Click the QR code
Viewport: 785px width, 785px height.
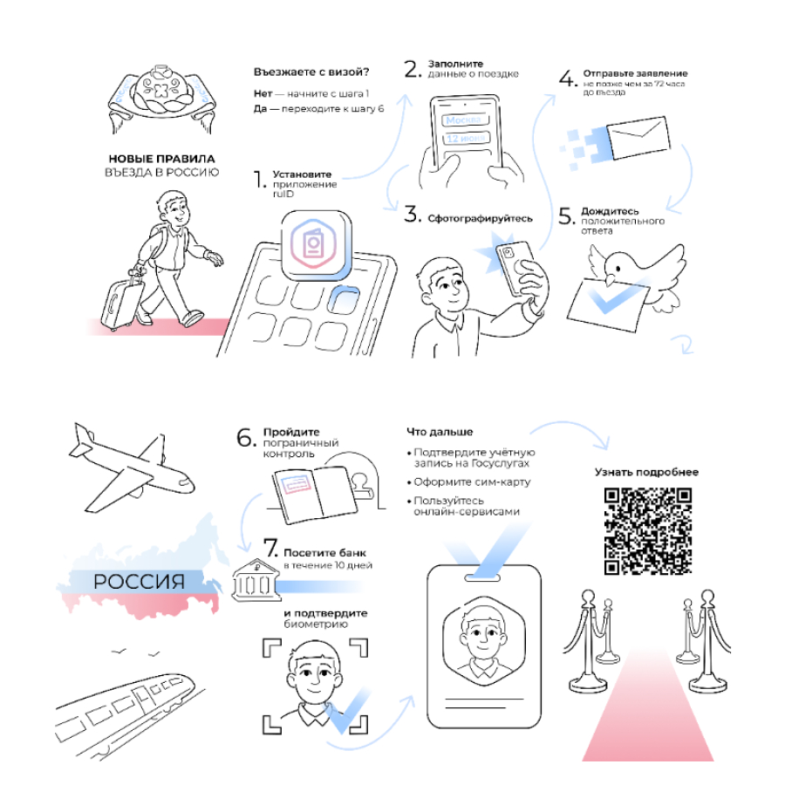pyautogui.click(x=648, y=531)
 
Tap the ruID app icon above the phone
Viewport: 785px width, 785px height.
pyautogui.click(x=317, y=246)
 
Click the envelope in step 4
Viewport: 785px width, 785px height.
pyautogui.click(x=638, y=138)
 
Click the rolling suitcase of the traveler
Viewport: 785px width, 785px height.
pyautogui.click(x=121, y=301)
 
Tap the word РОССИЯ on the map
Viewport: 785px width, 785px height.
pyautogui.click(x=140, y=582)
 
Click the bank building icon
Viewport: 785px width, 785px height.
pyautogui.click(x=256, y=580)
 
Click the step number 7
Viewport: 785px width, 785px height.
pyautogui.click(x=270, y=548)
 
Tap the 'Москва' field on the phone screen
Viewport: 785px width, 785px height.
pyautogui.click(x=465, y=120)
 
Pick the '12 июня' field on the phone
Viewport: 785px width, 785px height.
pyautogui.click(x=466, y=139)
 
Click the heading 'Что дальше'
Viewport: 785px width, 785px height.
pyautogui.click(x=440, y=432)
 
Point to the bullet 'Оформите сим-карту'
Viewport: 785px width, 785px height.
pyautogui.click(x=469, y=482)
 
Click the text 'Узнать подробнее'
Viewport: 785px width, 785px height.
pyautogui.click(x=646, y=472)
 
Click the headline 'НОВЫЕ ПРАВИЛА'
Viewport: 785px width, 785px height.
pyautogui.click(x=161, y=159)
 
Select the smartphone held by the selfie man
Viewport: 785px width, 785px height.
pyautogui.click(x=515, y=268)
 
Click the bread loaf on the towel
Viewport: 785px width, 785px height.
pyautogui.click(x=161, y=91)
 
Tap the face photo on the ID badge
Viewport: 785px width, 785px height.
pyautogui.click(x=483, y=642)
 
